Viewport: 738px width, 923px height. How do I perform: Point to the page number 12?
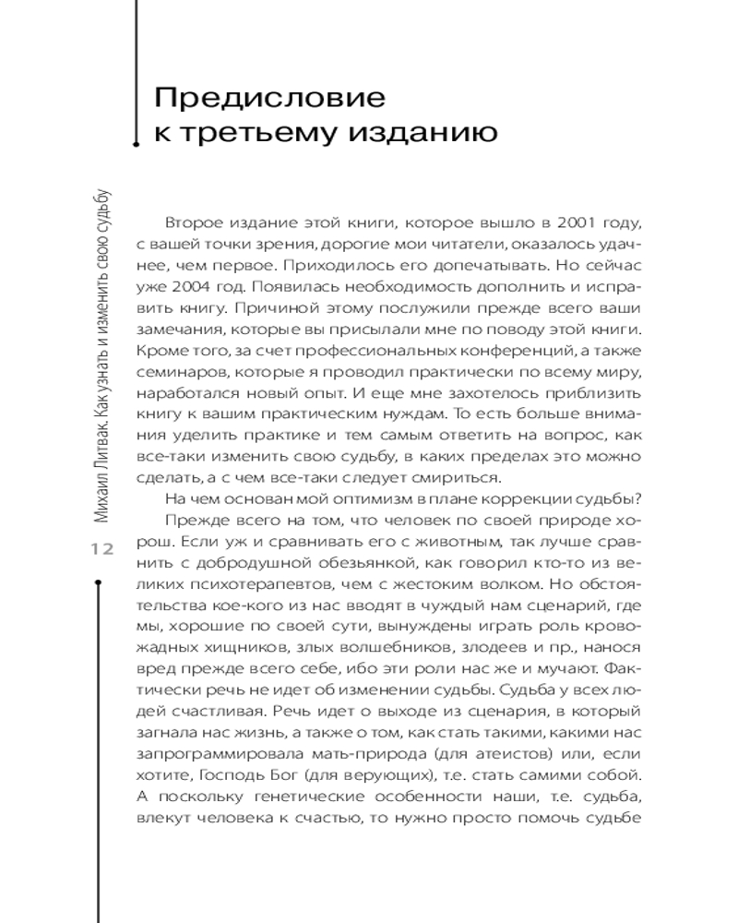pos(101,549)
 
